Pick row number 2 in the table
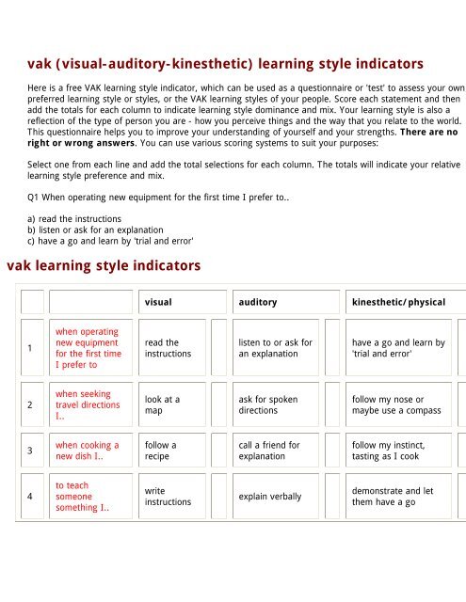(x=33, y=406)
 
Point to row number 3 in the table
(x=33, y=451)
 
